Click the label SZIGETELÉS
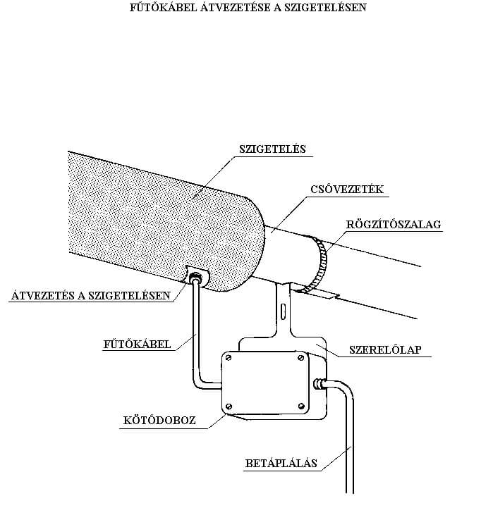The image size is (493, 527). [272, 149]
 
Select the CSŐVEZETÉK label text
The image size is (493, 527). [347, 190]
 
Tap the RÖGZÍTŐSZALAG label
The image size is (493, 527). [394, 224]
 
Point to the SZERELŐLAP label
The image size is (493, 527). [385, 349]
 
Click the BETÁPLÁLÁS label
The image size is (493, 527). [281, 463]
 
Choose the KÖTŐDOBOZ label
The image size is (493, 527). [159, 420]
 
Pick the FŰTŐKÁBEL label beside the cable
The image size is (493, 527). [137, 344]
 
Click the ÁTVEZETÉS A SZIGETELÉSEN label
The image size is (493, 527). [91, 295]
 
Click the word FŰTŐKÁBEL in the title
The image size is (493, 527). [163, 7]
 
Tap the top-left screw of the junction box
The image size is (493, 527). [229, 358]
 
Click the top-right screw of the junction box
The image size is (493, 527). [301, 358]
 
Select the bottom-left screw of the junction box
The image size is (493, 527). [229, 407]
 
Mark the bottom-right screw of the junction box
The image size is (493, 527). [301, 406]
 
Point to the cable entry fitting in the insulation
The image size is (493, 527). [195, 278]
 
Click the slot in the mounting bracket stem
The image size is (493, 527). [284, 311]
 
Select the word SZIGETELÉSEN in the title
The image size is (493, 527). [325, 7]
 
